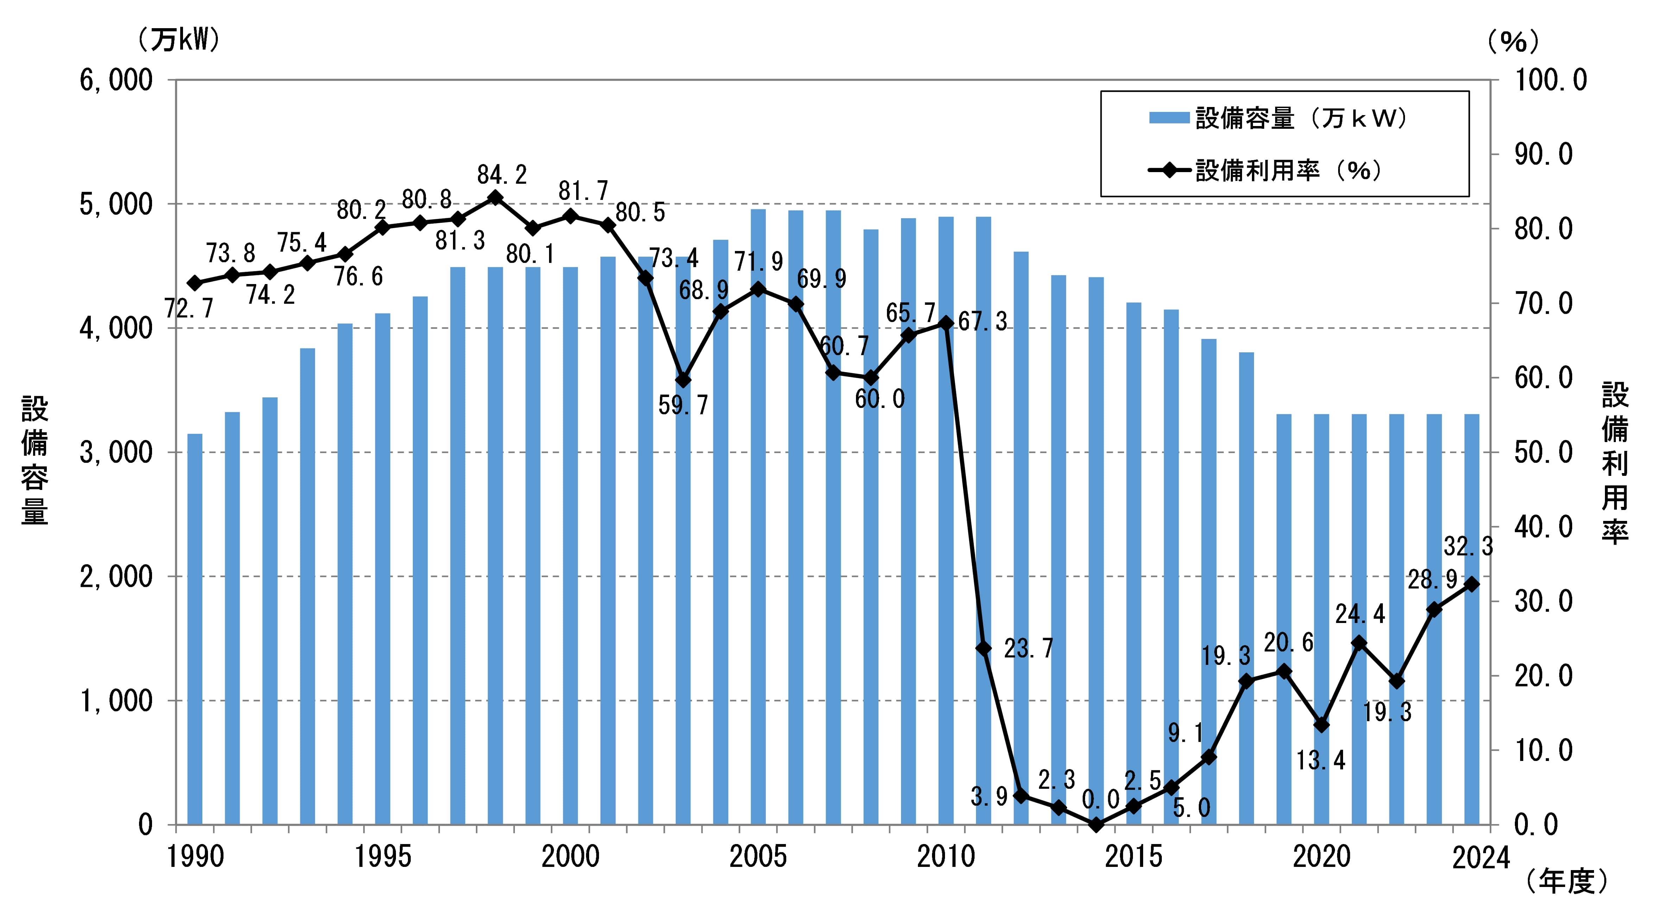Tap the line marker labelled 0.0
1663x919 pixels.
(x=1096, y=825)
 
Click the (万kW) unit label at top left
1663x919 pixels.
(x=178, y=41)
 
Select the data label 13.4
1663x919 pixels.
(x=1321, y=761)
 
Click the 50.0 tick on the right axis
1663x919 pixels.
(x=1543, y=453)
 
